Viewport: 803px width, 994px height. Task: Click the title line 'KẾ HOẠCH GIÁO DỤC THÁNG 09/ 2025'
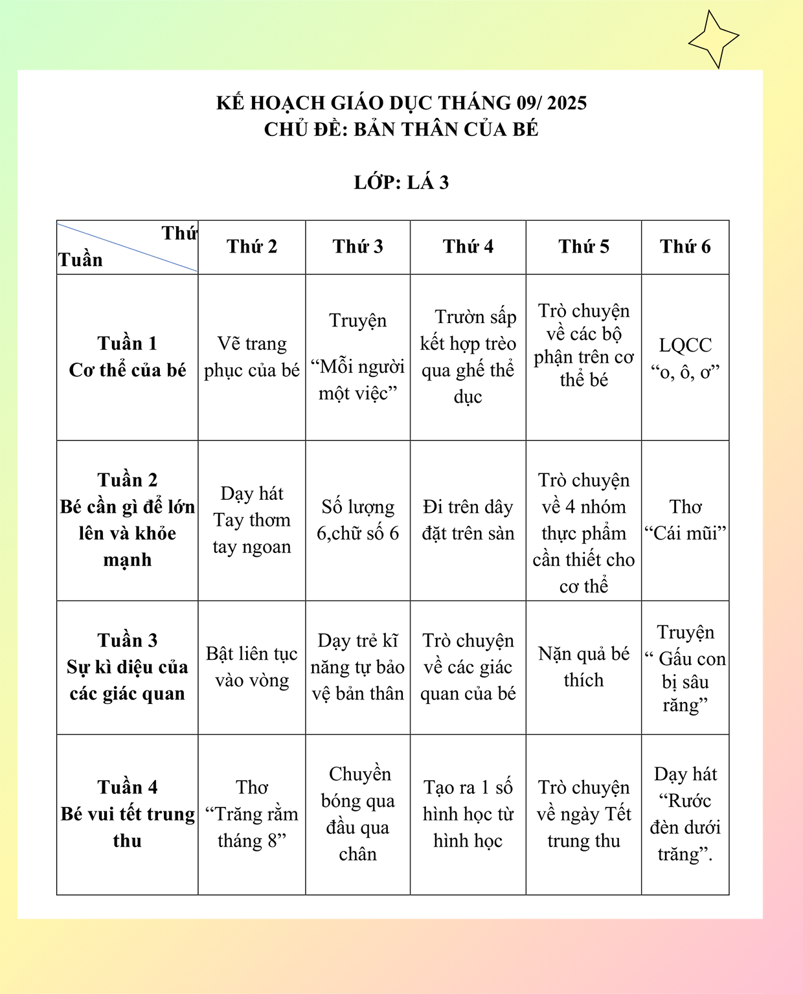click(x=401, y=103)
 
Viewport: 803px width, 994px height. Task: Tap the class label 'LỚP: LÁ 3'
click(x=401, y=183)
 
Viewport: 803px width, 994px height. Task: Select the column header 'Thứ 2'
click(x=252, y=247)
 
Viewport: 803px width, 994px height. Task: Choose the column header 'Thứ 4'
click(x=468, y=247)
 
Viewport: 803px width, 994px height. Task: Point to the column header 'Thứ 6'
click(x=685, y=247)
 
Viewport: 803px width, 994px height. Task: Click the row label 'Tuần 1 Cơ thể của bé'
click(x=128, y=357)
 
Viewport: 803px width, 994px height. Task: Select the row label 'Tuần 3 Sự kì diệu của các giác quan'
click(x=128, y=667)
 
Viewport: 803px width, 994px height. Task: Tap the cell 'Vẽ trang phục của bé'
click(x=252, y=357)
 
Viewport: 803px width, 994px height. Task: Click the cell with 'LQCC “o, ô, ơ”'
click(x=685, y=358)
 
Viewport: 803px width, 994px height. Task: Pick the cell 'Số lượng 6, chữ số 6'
click(x=357, y=520)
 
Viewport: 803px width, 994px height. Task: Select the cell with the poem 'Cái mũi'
click(x=685, y=520)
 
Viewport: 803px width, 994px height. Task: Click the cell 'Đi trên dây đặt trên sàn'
click(x=468, y=520)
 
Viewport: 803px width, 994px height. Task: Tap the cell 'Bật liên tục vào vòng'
click(x=252, y=667)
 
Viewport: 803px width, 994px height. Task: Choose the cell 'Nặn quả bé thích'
click(x=583, y=667)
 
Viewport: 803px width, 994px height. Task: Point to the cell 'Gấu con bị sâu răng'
click(x=685, y=668)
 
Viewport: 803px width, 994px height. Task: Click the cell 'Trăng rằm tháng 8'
click(x=252, y=814)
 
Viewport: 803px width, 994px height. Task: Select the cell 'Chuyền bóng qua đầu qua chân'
click(x=357, y=814)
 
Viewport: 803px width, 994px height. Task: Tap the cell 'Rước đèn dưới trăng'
click(x=685, y=814)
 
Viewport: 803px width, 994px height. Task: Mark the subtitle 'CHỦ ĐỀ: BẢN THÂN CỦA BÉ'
click(x=401, y=130)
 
